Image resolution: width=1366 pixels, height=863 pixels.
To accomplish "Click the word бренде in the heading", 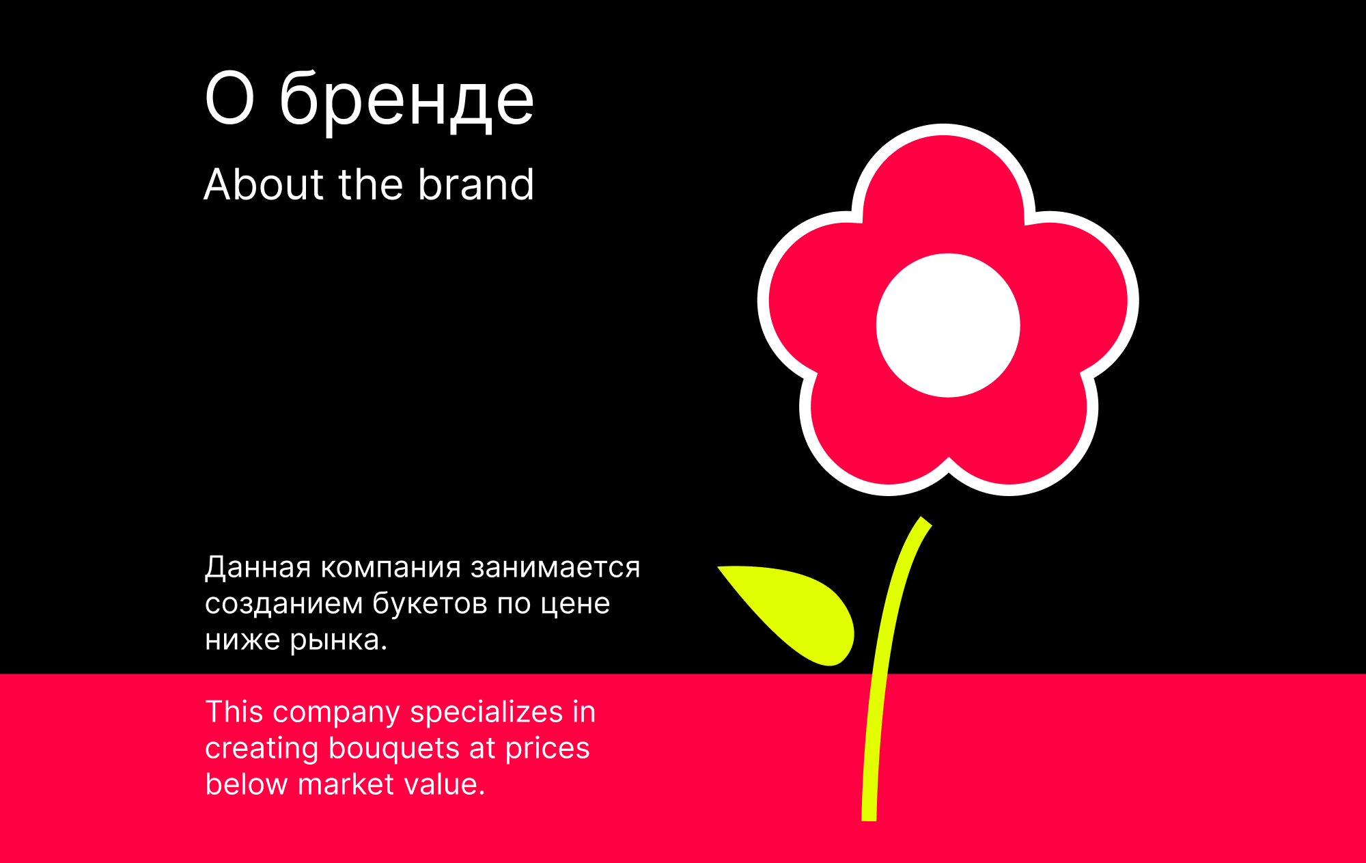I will [406, 101].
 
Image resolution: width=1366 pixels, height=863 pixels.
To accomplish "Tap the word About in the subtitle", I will [262, 184].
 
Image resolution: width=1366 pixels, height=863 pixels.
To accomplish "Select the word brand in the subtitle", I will [476, 184].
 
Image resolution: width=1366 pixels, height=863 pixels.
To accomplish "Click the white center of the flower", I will [948, 325].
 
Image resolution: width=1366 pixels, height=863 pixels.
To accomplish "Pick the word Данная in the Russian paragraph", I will [257, 568].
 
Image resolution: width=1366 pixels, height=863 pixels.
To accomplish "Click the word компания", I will [391, 568].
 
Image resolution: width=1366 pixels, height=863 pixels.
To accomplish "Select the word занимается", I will [555, 568].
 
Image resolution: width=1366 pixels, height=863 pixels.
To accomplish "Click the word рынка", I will [338, 641].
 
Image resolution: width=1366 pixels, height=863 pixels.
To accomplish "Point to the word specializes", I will [486, 713].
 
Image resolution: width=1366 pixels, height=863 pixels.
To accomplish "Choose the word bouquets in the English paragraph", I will [394, 749].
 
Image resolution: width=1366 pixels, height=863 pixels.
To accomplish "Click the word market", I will [346, 785].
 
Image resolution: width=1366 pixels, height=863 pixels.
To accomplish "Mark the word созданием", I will [283, 604].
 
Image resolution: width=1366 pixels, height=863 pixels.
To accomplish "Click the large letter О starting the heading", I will [229, 100].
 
